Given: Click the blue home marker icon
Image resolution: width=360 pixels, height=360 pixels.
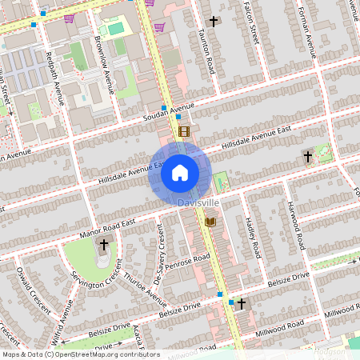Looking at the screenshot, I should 180,172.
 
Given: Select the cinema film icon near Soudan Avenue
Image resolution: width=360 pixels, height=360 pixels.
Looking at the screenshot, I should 184,131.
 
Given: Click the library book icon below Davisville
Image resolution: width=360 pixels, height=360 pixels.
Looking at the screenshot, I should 211,222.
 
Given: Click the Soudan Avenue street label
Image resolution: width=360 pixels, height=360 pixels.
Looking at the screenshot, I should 169,107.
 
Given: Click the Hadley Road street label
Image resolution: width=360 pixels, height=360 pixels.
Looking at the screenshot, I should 253,238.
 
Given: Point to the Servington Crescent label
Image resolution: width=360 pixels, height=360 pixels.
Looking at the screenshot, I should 94,286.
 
